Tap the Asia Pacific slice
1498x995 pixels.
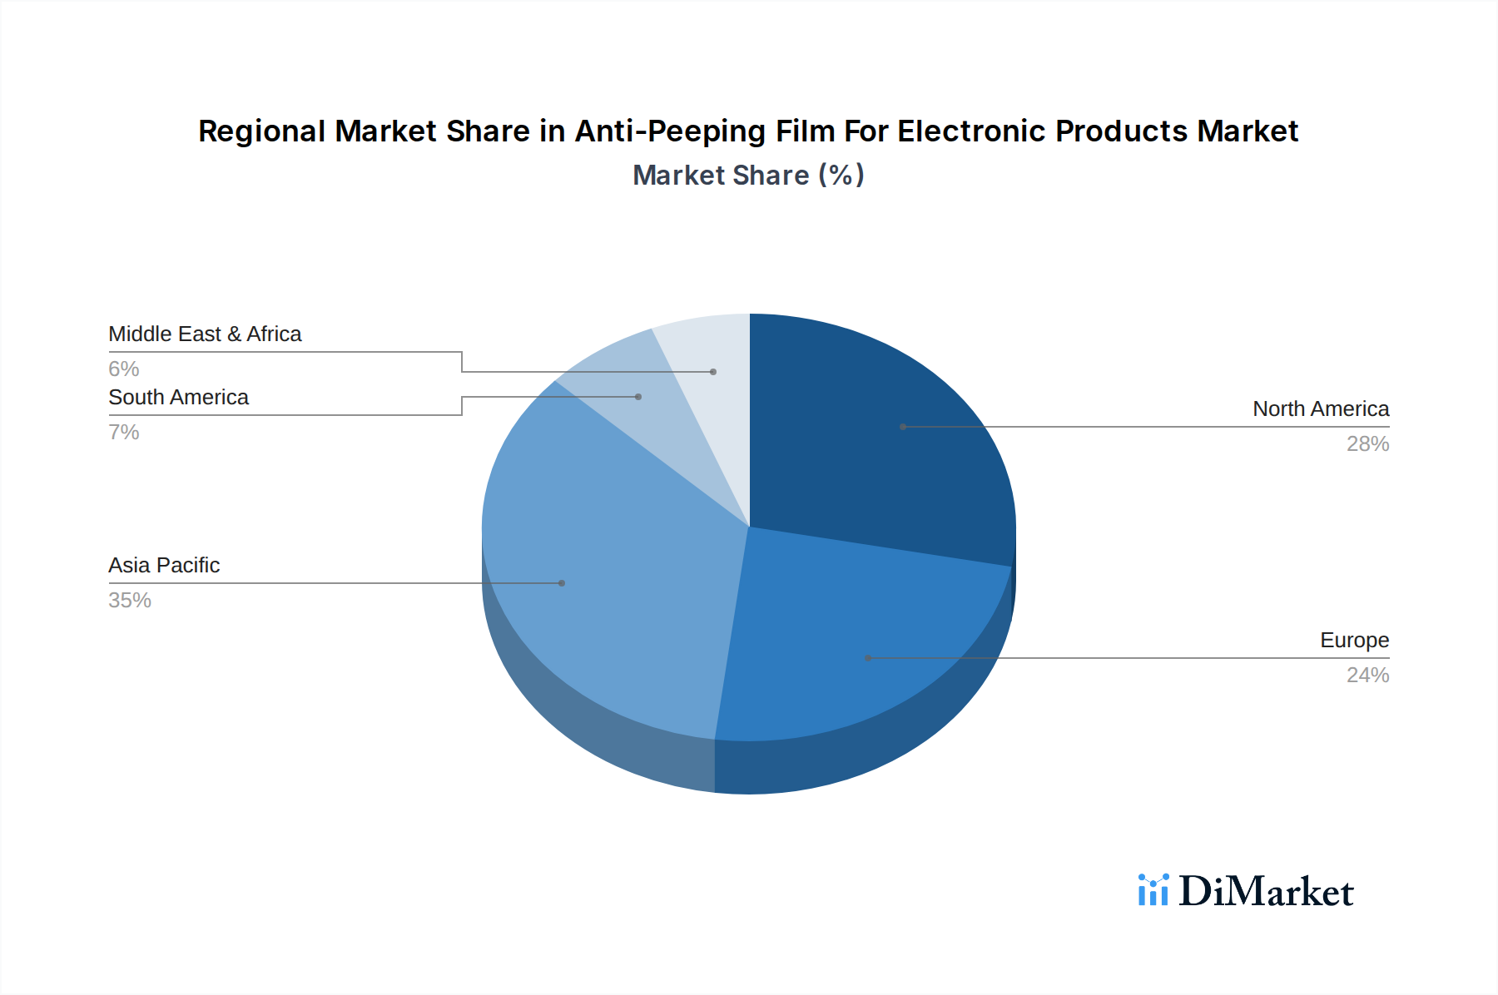pyautogui.click(x=608, y=566)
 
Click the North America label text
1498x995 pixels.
pyautogui.click(x=1320, y=409)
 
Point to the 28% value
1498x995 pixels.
pyautogui.click(x=1367, y=444)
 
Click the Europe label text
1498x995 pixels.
pyautogui.click(x=1354, y=641)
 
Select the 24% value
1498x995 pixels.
pyautogui.click(x=1367, y=676)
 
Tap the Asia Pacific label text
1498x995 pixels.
pyautogui.click(x=164, y=566)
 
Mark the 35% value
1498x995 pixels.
pyautogui.click(x=130, y=601)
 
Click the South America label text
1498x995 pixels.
pyautogui.click(x=178, y=398)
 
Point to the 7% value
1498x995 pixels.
pyautogui.click(x=124, y=433)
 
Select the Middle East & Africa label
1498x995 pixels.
pyautogui.click(x=205, y=334)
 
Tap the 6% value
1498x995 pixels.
pyautogui.click(x=124, y=369)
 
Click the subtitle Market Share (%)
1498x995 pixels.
pyautogui.click(x=748, y=176)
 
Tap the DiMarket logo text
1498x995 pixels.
pyautogui.click(x=1266, y=892)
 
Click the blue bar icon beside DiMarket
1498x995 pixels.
pyautogui.click(x=1153, y=890)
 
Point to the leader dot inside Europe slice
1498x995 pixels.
pyautogui.click(x=868, y=658)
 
